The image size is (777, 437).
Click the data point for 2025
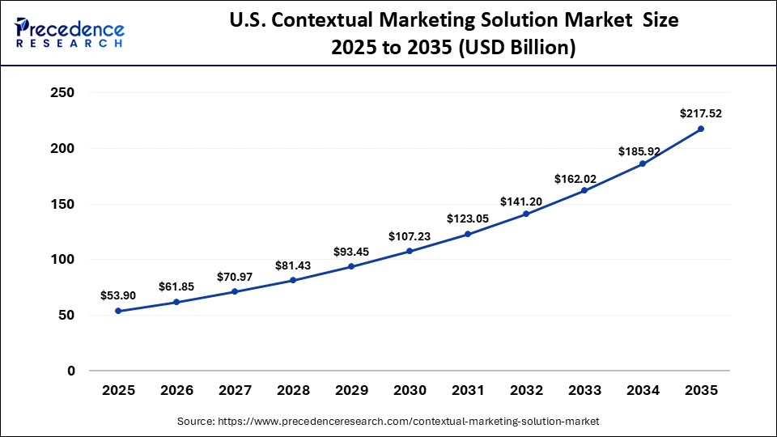(118, 311)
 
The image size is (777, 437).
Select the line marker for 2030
(410, 251)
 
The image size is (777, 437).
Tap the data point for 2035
(701, 129)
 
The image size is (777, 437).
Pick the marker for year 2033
(584, 190)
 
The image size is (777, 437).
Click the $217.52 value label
(701, 114)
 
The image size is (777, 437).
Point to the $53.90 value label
(118, 296)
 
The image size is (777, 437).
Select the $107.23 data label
(410, 236)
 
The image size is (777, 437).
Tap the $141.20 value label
(526, 199)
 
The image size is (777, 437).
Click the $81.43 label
(293, 265)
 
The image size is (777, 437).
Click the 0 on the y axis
(70, 371)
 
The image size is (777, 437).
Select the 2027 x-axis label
(235, 391)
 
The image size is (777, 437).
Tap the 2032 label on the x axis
(526, 391)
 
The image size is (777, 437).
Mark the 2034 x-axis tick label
(643, 391)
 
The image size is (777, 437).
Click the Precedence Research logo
(70, 32)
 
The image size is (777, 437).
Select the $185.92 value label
(643, 151)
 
